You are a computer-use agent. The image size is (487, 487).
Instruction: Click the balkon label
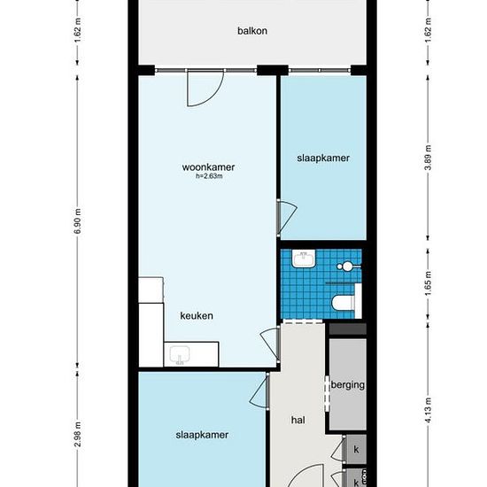(x=252, y=31)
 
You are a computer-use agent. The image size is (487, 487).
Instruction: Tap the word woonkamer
(x=208, y=167)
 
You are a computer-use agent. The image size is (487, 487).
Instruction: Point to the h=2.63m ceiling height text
(x=209, y=176)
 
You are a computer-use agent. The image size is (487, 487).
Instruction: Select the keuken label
(x=197, y=316)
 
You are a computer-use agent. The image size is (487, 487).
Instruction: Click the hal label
(x=298, y=421)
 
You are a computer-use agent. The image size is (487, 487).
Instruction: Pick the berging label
(x=348, y=385)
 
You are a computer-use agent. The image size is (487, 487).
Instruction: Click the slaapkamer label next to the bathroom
(x=323, y=158)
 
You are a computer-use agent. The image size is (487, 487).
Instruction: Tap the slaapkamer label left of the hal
(x=202, y=435)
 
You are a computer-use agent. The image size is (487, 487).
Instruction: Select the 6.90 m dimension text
(x=78, y=221)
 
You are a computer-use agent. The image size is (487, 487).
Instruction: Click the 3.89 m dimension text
(x=429, y=158)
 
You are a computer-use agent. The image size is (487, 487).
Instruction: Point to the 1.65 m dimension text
(x=429, y=283)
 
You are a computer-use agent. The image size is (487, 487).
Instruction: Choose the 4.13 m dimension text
(x=429, y=410)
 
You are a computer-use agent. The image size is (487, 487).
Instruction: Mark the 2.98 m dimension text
(x=78, y=434)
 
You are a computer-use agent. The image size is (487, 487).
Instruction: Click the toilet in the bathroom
(x=343, y=303)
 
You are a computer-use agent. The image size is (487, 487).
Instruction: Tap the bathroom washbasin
(x=303, y=259)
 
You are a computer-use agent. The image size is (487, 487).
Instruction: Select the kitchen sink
(x=180, y=356)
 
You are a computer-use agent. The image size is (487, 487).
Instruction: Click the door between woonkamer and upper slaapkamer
(x=286, y=217)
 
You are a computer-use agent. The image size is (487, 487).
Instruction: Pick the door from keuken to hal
(x=270, y=343)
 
